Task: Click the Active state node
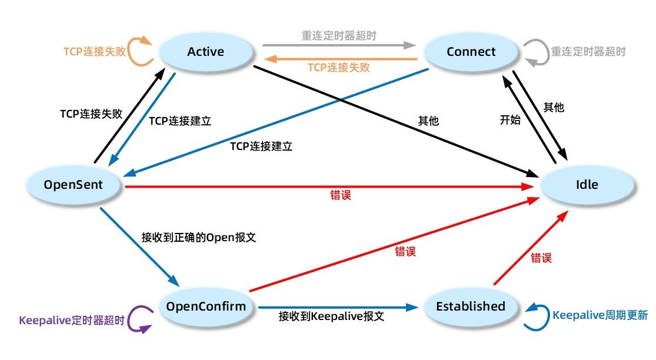(205, 52)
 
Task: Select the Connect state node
(471, 52)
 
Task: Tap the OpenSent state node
(73, 185)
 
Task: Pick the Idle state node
(587, 185)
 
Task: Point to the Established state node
(470, 306)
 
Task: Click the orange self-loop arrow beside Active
(139, 52)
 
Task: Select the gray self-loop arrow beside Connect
(534, 52)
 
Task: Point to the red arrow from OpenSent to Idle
(329, 186)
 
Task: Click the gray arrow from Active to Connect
(338, 44)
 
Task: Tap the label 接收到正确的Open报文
(199, 238)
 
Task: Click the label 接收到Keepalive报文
(331, 316)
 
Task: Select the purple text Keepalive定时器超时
(72, 321)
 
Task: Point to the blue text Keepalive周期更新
(600, 315)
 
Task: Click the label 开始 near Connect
(510, 121)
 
